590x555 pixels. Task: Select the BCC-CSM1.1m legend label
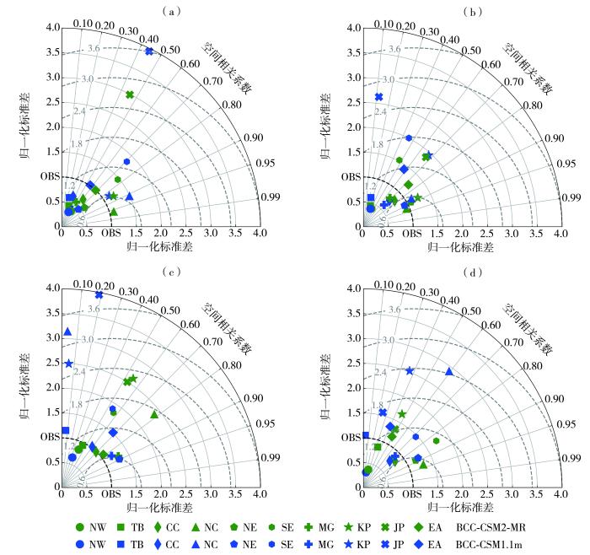pos(497,544)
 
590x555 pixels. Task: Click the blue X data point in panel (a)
pos(149,51)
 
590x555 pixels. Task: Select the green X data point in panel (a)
pos(130,94)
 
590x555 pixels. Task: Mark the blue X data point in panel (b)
pos(378,97)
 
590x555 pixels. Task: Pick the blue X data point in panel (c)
pos(99,295)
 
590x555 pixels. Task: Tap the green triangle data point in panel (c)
pos(154,414)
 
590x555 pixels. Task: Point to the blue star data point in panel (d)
pos(410,370)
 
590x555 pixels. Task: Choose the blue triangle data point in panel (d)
pos(449,371)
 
